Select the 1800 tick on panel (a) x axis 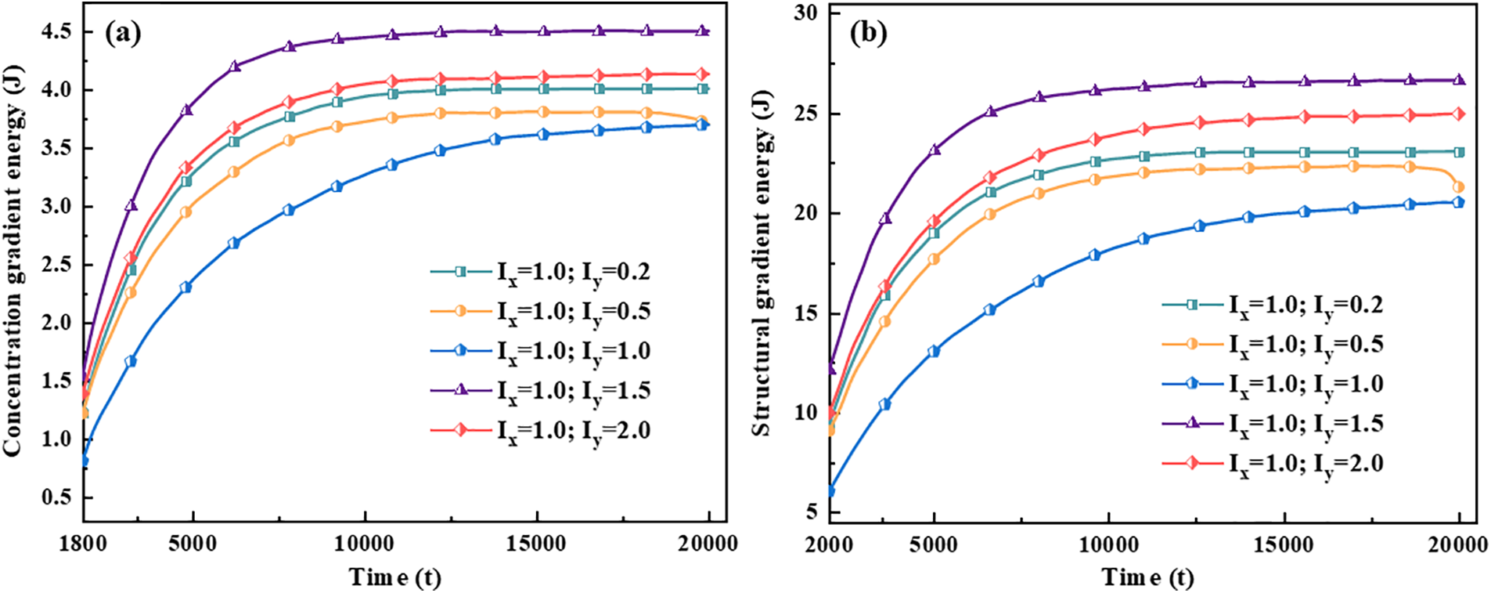tap(83, 544)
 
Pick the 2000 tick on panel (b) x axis tap(829, 544)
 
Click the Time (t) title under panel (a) tap(395, 577)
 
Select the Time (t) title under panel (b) tap(1147, 577)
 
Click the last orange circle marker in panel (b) tap(1458, 187)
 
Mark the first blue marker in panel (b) tap(830, 491)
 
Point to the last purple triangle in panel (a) tap(702, 31)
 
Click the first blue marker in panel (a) tap(83, 461)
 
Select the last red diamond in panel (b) tap(1458, 114)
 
